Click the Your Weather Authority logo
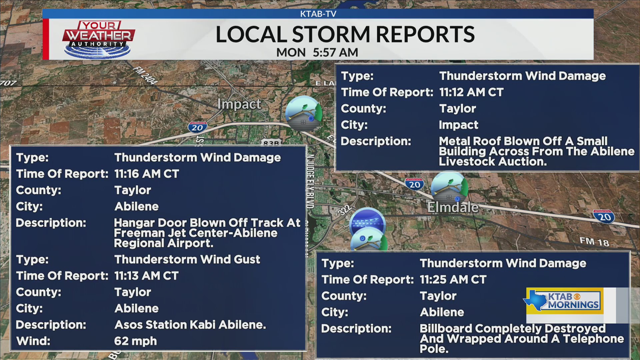pyautogui.click(x=98, y=39)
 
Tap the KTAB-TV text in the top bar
pyautogui.click(x=318, y=14)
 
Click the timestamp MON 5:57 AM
pyautogui.click(x=317, y=52)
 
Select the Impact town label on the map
pyautogui.click(x=239, y=104)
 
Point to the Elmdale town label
pyautogui.click(x=453, y=207)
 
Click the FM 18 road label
pyautogui.click(x=594, y=242)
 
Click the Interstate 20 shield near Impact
pyautogui.click(x=197, y=127)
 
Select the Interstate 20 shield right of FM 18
pyautogui.click(x=604, y=217)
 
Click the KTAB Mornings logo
pyautogui.click(x=565, y=301)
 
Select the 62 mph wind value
pyautogui.click(x=135, y=341)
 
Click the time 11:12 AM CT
pyautogui.click(x=471, y=92)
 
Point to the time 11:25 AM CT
pyautogui.click(x=453, y=279)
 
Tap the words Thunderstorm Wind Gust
pyautogui.click(x=187, y=259)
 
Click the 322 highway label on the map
pyautogui.click(x=344, y=210)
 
